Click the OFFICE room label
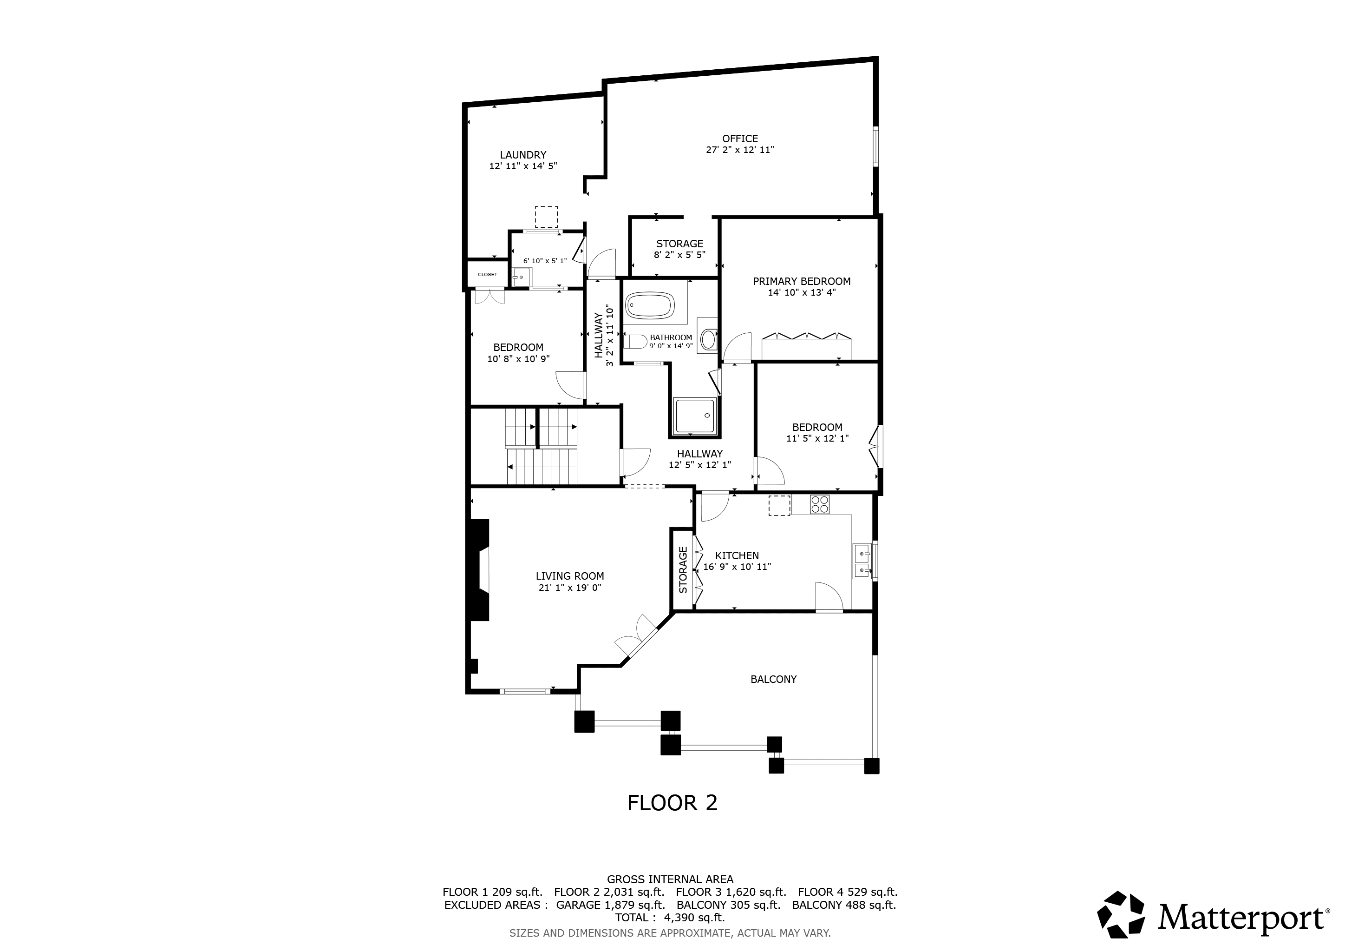point(740,139)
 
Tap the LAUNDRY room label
point(522,155)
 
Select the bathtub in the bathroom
point(649,305)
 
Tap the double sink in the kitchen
point(862,561)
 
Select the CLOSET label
point(487,274)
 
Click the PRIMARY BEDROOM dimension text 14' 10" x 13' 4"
point(801,292)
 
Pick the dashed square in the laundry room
point(546,216)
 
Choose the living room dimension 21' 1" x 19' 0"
point(569,588)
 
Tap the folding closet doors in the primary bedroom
point(806,337)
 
